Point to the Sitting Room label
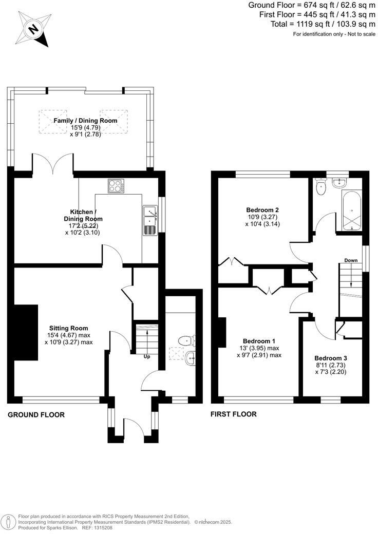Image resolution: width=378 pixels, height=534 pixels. tap(68, 328)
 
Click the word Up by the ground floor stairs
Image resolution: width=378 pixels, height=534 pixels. tap(147, 356)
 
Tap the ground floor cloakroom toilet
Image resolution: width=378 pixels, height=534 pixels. tap(185, 340)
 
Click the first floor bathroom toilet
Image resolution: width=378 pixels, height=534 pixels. tap(322, 186)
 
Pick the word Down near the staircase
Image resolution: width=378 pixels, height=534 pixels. tap(351, 260)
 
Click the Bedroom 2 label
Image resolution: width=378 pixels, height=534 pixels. tap(262, 209)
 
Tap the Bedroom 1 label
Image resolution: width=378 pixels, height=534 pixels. tap(259, 341)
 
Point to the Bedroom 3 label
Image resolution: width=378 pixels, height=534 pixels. tap(330, 358)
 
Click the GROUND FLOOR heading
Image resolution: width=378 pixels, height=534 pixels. tap(36, 415)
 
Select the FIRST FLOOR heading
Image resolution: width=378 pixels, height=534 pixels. tap(234, 414)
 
